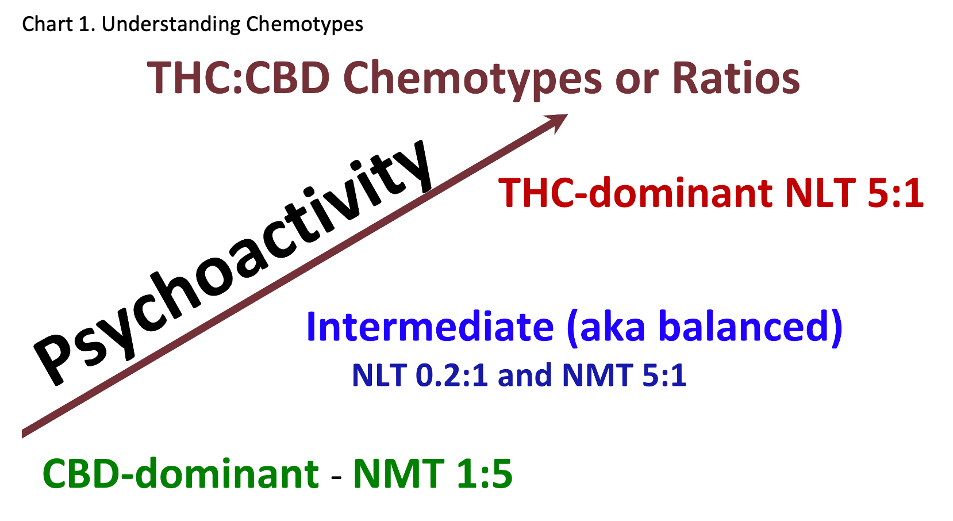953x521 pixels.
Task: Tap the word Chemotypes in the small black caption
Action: tap(305, 25)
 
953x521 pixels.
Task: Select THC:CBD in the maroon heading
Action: tap(239, 78)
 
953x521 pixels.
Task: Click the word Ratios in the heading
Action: tap(736, 78)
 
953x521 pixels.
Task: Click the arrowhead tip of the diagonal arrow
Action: tap(567, 114)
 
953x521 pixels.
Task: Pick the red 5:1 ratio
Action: tap(895, 193)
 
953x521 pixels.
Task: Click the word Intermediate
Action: tap(430, 327)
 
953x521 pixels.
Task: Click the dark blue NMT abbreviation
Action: tap(597, 375)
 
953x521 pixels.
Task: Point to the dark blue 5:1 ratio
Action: tap(664, 375)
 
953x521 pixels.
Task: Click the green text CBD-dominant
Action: tap(181, 473)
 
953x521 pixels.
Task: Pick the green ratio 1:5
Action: tap(485, 473)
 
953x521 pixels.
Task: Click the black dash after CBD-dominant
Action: tap(336, 477)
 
